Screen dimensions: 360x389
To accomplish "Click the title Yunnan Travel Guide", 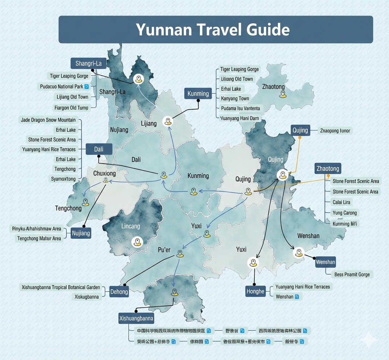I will coord(213,30).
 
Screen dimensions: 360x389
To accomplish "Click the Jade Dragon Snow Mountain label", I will coord(48,120).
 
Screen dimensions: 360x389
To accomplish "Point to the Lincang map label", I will coord(130,226).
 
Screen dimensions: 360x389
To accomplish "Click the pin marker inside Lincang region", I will coord(137,242).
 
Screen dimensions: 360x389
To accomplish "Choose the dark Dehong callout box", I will coord(119,292).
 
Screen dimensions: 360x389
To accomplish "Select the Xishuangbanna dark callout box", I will coord(136,319).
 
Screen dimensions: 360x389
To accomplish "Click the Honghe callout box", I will coord(255,291).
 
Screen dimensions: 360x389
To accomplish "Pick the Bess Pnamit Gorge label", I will coord(352,274).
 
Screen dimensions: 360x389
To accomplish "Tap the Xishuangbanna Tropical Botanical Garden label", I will coord(61,287).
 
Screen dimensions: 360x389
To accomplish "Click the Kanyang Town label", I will coord(235,98).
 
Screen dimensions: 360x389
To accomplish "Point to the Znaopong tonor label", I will coord(335,131).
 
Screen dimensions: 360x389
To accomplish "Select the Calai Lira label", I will coord(341,202).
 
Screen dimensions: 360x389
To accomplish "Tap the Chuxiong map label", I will coord(105,173).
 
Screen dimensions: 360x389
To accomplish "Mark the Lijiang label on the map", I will coord(149,123).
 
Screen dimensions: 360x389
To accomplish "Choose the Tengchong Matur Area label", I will coord(39,238).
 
